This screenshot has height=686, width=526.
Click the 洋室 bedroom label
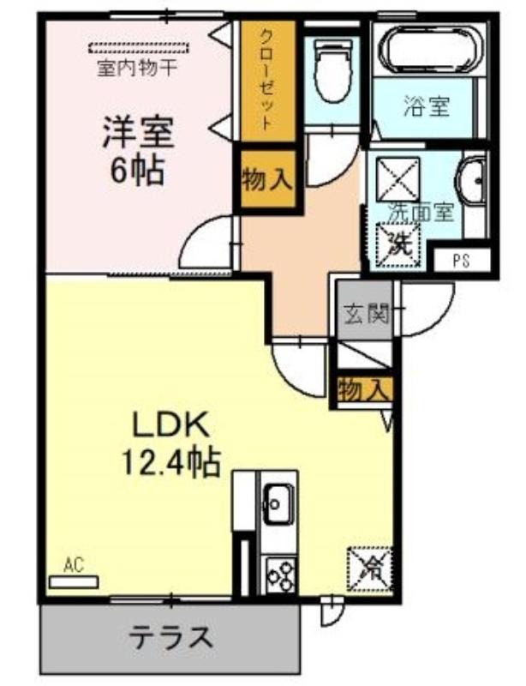pyautogui.click(x=138, y=133)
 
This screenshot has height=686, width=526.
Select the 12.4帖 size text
pyautogui.click(x=170, y=463)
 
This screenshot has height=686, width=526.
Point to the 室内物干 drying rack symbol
pyautogui.click(x=139, y=47)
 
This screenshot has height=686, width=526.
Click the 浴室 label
pyautogui.click(x=426, y=106)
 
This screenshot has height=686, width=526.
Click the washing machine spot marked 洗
pyautogui.click(x=397, y=245)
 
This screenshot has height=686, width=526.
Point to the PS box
pyautogui.click(x=462, y=261)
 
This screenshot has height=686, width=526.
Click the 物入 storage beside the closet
pyautogui.click(x=267, y=180)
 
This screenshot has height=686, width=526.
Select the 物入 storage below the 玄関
pyautogui.click(x=364, y=389)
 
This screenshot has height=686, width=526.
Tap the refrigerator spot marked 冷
pyautogui.click(x=368, y=569)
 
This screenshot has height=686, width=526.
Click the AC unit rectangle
pyautogui.click(x=74, y=582)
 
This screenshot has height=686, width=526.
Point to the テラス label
pyautogui.click(x=171, y=638)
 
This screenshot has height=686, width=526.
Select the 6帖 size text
pyautogui.click(x=137, y=170)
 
